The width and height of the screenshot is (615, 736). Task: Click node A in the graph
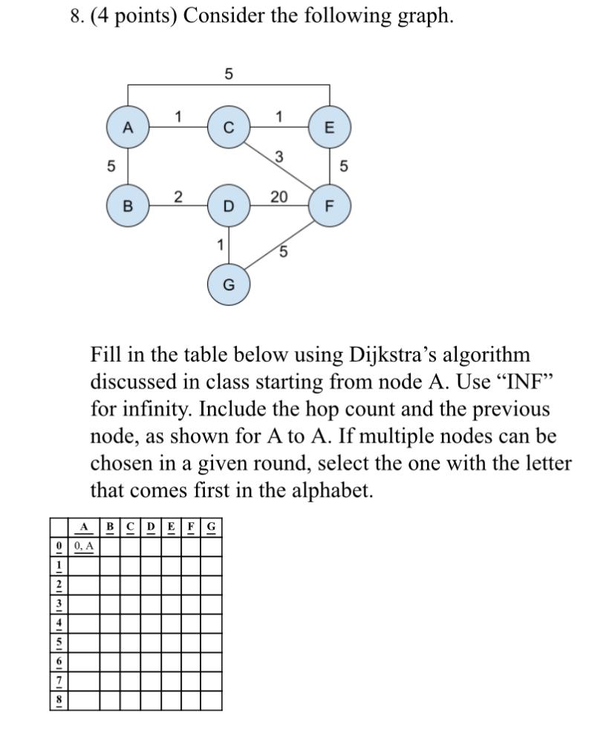(128, 127)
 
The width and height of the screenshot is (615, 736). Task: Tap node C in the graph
(229, 127)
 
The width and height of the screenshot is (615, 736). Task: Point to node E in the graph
(330, 127)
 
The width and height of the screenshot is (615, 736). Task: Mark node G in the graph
(229, 284)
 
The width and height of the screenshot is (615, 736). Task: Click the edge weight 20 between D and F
(279, 196)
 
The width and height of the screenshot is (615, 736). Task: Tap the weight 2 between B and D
(178, 196)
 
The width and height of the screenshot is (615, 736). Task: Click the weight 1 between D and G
(219, 244)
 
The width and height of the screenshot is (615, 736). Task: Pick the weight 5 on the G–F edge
(283, 252)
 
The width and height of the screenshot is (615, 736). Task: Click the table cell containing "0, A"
(85, 546)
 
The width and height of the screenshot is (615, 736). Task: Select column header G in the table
(212, 527)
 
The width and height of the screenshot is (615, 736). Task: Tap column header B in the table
(110, 527)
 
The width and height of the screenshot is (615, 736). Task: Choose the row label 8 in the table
(59, 700)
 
